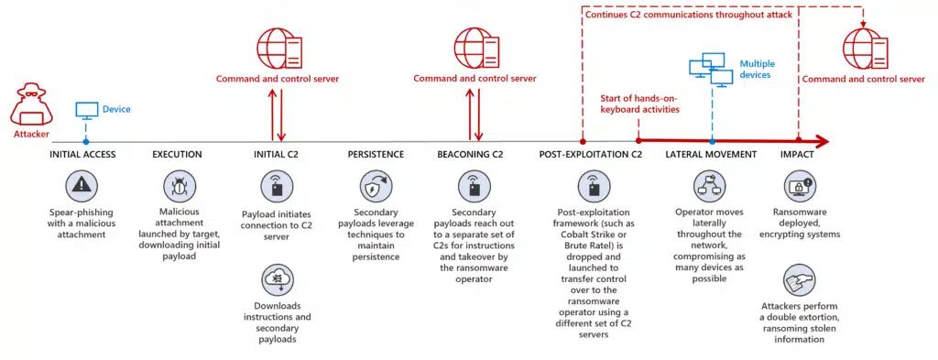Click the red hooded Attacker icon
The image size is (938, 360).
[x=30, y=106]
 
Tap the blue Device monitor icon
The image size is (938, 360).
[x=86, y=111]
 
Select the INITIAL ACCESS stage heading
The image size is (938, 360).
[x=82, y=154]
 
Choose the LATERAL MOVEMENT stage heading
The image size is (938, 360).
[x=711, y=154]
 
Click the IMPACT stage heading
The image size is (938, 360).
[x=797, y=154]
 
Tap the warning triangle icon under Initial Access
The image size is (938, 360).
[x=82, y=186]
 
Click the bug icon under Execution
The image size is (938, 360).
[x=177, y=186]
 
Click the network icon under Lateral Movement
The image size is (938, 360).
[x=711, y=186]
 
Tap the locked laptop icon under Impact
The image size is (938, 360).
[x=797, y=187]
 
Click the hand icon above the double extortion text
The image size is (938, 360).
[x=797, y=278]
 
